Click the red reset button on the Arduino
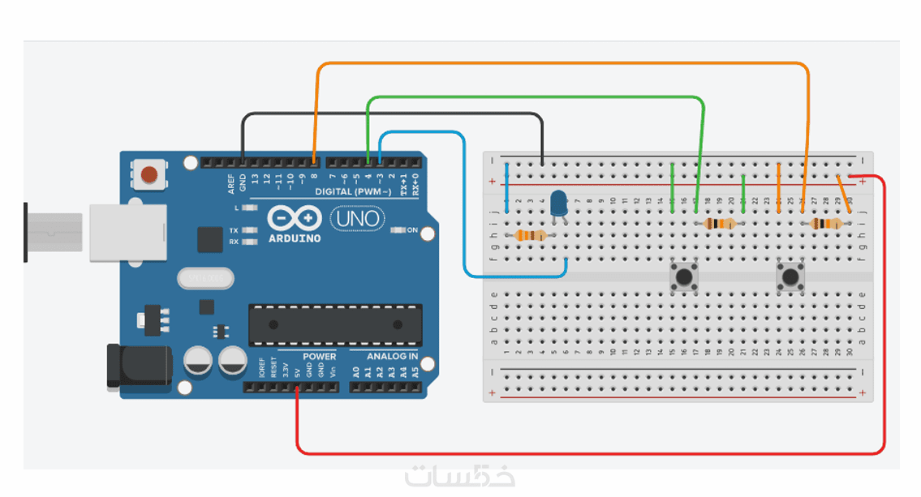click(148, 174)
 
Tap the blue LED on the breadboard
click(558, 203)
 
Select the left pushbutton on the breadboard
click(683, 276)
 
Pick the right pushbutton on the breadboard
click(789, 276)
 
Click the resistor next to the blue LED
click(530, 236)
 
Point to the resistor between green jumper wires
click(720, 224)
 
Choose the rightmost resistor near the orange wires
click(828, 224)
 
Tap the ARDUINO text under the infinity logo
click(294, 238)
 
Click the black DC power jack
click(139, 366)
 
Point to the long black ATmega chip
click(335, 324)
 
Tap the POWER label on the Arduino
click(319, 357)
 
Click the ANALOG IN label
click(392, 357)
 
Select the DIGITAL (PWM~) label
click(352, 192)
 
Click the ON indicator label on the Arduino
click(412, 230)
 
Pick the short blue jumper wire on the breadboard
click(507, 187)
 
